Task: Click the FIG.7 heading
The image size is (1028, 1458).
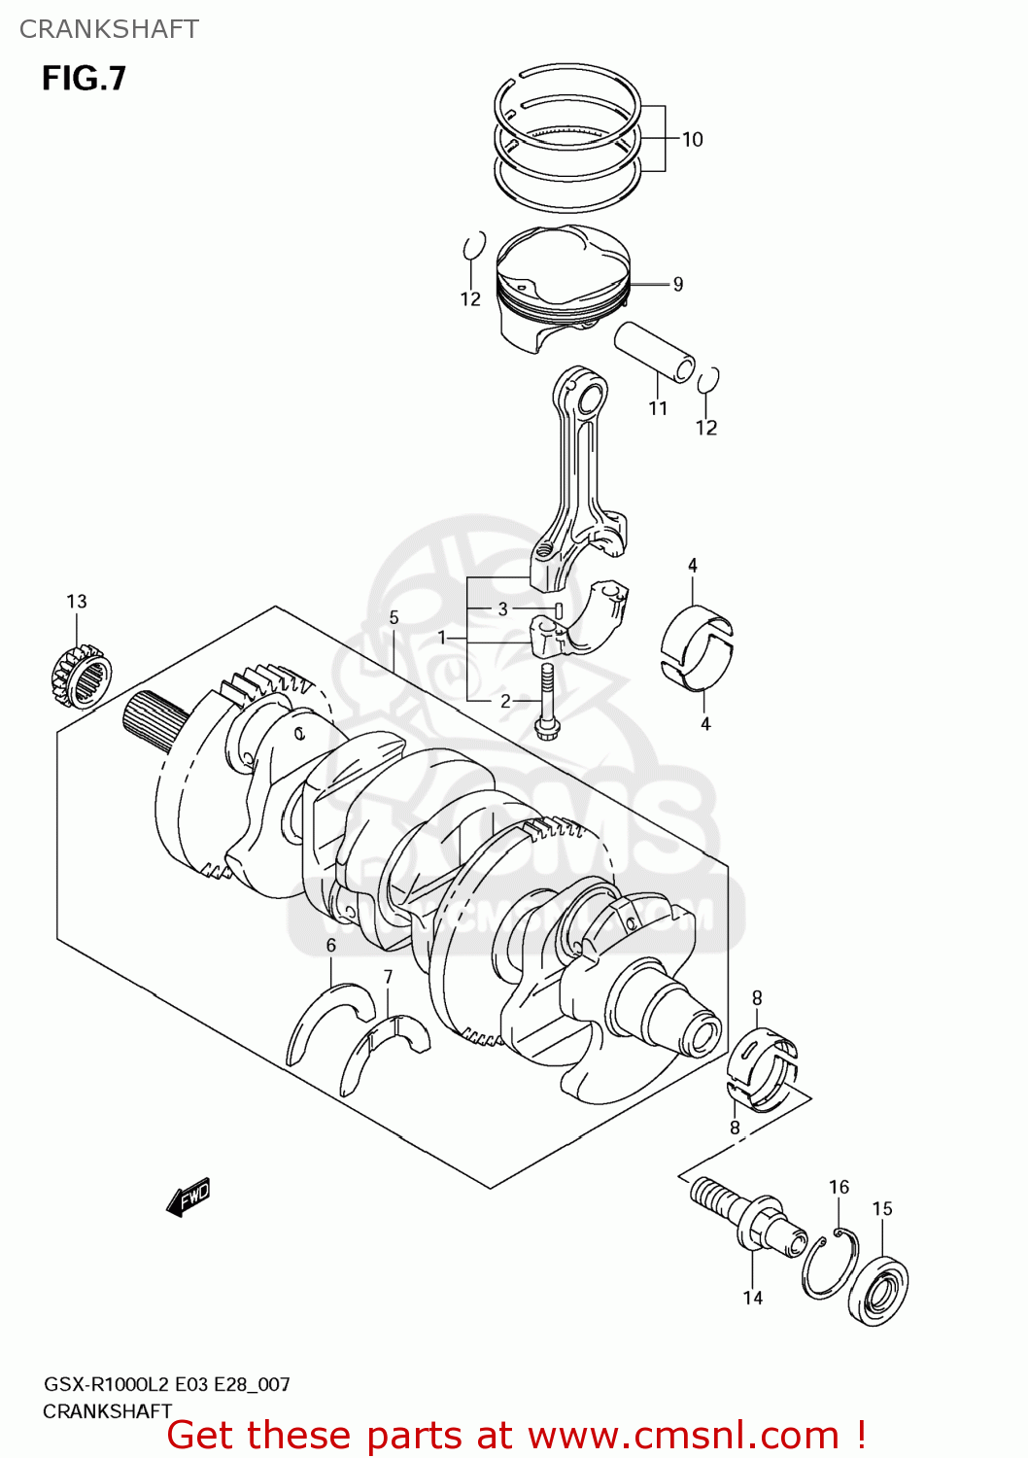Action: click(84, 79)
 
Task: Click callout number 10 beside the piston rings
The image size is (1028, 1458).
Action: click(692, 139)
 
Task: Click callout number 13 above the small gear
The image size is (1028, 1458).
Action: click(77, 602)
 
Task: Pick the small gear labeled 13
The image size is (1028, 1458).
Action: click(80, 674)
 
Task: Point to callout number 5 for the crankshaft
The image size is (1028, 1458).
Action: click(394, 617)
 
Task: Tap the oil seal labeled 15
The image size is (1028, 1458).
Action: click(878, 1290)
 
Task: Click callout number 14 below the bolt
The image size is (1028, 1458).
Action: click(753, 1298)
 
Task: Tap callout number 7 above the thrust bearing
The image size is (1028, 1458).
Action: click(388, 976)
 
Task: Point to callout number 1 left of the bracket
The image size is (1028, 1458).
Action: click(442, 638)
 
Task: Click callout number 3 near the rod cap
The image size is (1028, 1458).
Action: click(502, 608)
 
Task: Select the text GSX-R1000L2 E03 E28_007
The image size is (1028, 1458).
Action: click(166, 1384)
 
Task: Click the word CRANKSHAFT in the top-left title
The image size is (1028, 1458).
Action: click(109, 29)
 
